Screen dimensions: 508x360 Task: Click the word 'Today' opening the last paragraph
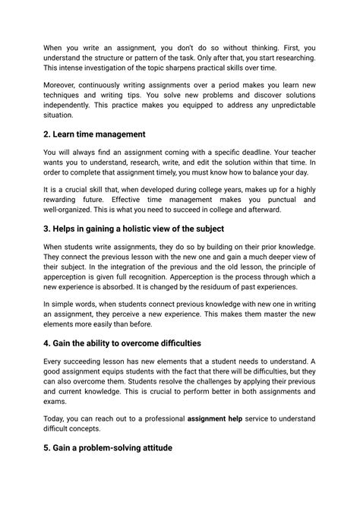[56, 418]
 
